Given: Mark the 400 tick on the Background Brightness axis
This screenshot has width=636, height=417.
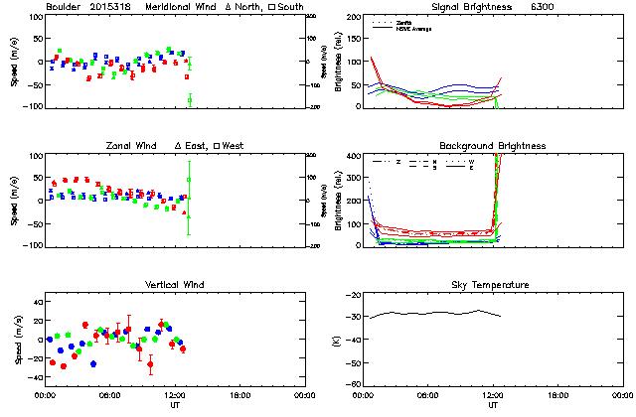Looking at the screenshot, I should click(354, 156).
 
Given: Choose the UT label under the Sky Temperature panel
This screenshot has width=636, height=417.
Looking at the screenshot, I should click(493, 406).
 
